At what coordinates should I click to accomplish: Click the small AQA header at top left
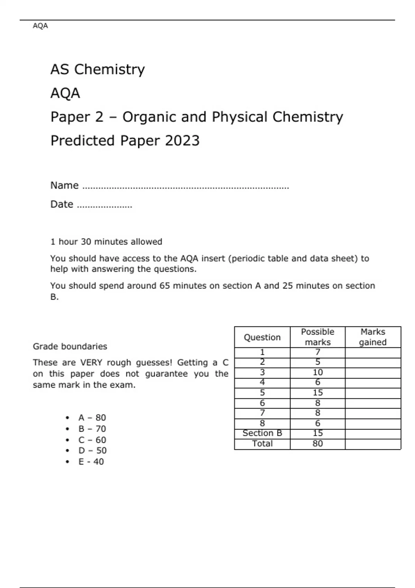click(40, 26)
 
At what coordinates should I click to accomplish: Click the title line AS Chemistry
click(98, 70)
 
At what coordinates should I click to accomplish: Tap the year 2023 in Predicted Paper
click(182, 141)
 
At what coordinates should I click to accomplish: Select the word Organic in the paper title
click(149, 117)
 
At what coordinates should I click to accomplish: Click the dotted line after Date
click(104, 206)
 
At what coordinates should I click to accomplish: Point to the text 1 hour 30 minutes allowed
click(106, 241)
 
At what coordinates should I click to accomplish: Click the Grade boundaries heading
click(70, 346)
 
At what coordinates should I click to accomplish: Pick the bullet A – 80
click(92, 417)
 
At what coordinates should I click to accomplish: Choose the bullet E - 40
click(91, 461)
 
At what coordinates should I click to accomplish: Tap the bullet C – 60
click(92, 440)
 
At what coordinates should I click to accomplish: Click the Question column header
click(262, 337)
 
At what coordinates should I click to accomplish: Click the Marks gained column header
click(373, 337)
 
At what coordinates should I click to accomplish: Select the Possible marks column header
click(317, 337)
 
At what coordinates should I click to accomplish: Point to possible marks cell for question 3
click(317, 373)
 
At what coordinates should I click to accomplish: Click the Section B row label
click(262, 433)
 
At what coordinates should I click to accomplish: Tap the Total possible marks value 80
click(317, 443)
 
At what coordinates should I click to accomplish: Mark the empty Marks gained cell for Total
click(373, 444)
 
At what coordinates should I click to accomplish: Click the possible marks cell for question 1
click(317, 352)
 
